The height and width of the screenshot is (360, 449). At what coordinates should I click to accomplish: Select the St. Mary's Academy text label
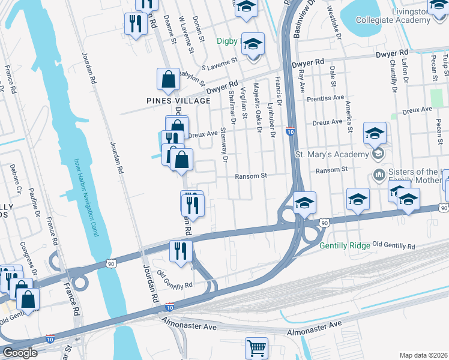(x=331, y=155)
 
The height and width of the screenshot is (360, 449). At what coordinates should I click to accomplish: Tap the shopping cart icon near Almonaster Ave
(x=256, y=347)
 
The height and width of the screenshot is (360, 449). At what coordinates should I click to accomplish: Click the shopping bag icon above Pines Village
(x=169, y=79)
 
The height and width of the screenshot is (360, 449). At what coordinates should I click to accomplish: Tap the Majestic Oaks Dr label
(x=258, y=104)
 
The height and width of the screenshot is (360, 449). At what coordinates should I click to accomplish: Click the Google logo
(x=20, y=353)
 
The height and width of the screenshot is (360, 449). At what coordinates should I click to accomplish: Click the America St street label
(x=348, y=115)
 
